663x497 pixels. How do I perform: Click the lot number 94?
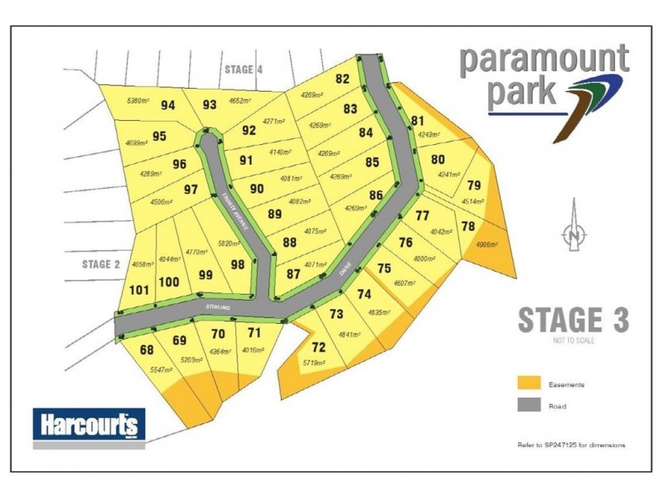coord(169,105)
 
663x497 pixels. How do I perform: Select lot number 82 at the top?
coord(342,80)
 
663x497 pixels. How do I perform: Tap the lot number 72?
coord(319,347)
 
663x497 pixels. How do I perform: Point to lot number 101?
coord(139,290)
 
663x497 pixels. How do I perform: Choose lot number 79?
coord(474,186)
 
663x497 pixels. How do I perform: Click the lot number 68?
coord(147,350)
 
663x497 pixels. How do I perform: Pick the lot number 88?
coord(289,243)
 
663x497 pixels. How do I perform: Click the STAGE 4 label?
coord(244,70)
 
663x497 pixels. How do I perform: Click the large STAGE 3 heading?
coord(573,320)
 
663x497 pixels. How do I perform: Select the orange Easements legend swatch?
coord(529,384)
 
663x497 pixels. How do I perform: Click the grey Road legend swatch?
coord(529,405)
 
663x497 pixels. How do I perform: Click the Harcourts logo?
coord(89,427)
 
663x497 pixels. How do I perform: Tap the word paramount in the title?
coord(544,60)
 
